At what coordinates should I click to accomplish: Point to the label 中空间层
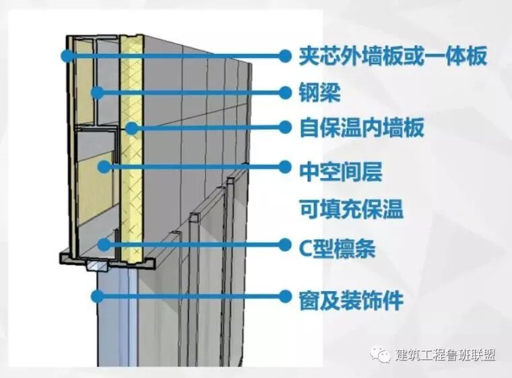tap(341, 170)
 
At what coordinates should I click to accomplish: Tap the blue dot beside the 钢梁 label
tap(284, 93)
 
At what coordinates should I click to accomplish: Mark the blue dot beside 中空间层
tap(284, 166)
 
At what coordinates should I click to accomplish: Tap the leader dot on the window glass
tap(98, 295)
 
